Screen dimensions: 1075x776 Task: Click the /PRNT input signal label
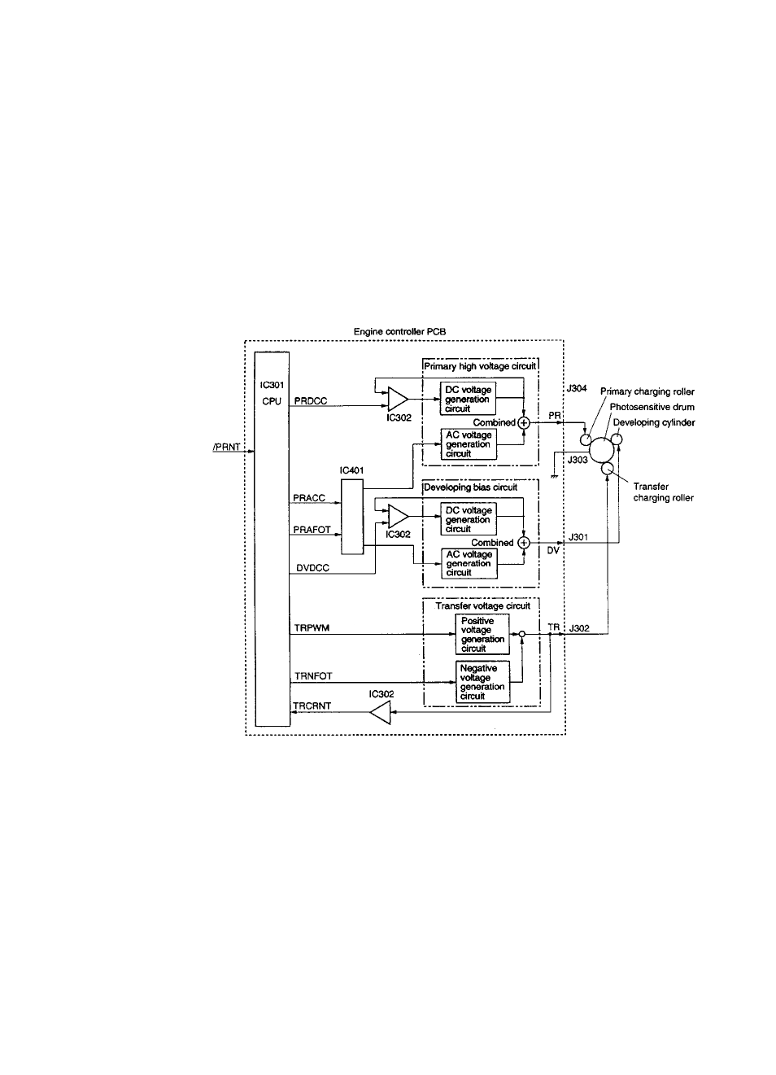225,447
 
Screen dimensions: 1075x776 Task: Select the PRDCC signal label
310,401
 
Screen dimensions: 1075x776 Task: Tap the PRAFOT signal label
312,530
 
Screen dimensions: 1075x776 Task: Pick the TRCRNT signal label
312,706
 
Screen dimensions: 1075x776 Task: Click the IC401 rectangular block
351,517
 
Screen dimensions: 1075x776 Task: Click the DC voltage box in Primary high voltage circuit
468,400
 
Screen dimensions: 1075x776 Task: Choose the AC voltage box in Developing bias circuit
469,564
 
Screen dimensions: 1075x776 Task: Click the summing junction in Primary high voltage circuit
524,422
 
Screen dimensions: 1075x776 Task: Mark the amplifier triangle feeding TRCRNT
380,714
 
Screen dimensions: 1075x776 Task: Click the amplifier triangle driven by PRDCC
397,400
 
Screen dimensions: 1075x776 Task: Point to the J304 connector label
577,389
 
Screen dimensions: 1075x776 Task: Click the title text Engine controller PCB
399,332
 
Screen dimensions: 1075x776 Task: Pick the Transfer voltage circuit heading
482,606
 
